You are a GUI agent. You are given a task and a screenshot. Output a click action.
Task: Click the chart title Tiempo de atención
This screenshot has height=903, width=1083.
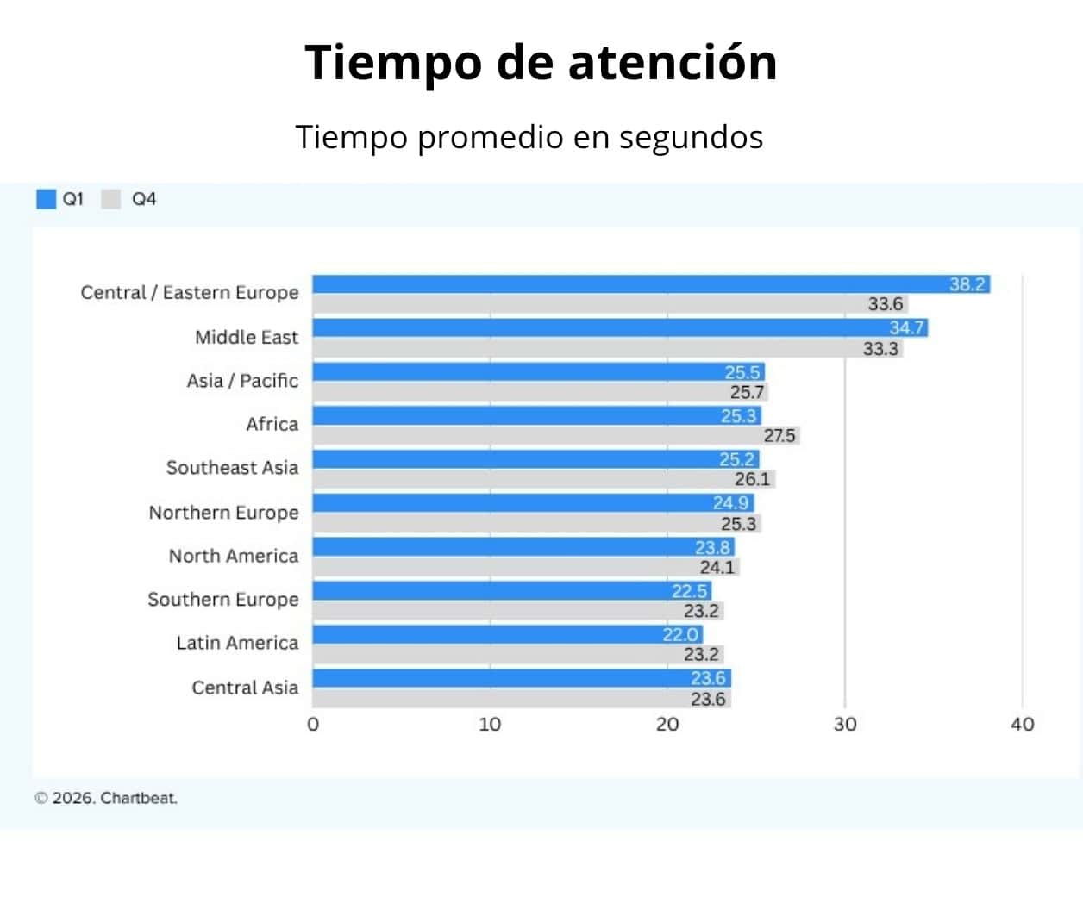click(541, 63)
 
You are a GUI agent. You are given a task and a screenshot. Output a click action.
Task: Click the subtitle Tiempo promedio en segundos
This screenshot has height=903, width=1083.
click(529, 137)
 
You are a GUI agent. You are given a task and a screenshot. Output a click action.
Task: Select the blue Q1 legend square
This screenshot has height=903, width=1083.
click(46, 199)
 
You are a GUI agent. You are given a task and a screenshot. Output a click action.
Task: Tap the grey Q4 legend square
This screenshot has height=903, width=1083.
click(111, 199)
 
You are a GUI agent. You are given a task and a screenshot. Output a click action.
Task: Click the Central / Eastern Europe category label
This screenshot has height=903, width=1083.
click(190, 293)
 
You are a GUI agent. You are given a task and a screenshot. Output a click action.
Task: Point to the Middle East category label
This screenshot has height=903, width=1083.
click(247, 337)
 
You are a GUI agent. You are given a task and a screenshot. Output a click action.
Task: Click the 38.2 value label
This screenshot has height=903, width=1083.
click(967, 284)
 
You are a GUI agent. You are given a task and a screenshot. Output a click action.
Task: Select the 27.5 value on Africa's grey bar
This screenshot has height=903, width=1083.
click(779, 436)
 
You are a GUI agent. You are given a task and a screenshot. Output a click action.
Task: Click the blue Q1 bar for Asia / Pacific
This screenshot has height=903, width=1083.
click(517, 372)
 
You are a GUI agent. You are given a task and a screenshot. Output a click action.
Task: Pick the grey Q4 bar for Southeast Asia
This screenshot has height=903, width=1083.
click(517, 479)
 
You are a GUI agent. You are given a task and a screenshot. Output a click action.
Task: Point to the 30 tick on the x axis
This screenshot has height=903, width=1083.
click(845, 724)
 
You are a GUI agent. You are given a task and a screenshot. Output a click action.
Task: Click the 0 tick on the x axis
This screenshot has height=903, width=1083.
click(313, 724)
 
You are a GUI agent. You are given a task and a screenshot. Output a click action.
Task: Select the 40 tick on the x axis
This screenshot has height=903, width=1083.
click(1023, 724)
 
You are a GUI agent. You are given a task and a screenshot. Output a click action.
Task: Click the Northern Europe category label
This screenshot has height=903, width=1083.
click(224, 513)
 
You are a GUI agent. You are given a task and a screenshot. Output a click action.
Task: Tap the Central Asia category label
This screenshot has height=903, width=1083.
click(245, 688)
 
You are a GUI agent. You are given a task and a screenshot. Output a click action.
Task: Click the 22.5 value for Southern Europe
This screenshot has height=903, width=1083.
click(689, 591)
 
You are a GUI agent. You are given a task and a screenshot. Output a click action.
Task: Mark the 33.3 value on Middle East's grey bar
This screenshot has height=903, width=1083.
click(880, 349)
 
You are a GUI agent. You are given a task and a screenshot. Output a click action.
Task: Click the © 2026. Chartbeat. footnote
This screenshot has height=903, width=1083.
click(106, 798)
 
